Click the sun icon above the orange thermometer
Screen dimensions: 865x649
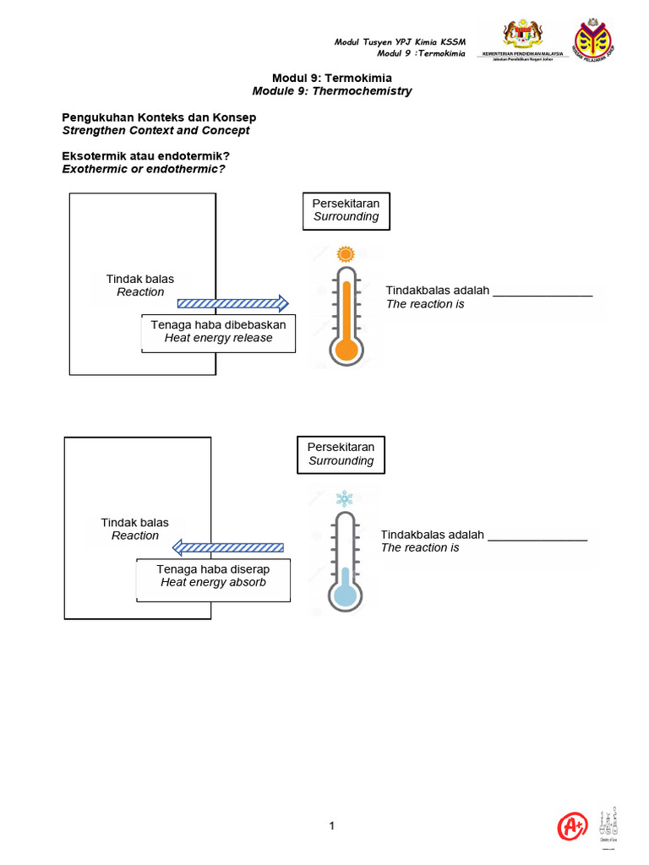(x=345, y=253)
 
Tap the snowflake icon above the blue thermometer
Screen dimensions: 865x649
(x=344, y=498)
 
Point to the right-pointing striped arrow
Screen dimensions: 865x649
(x=232, y=303)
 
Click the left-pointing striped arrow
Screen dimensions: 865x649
(x=227, y=548)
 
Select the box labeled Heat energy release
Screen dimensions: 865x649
(x=218, y=332)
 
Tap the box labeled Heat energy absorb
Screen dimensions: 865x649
(x=213, y=576)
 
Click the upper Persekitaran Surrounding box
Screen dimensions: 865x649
(x=346, y=210)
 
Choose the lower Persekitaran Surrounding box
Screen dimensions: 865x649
(x=341, y=454)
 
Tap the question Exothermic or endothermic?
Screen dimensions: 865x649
(x=147, y=169)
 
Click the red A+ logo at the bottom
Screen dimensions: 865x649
(x=573, y=827)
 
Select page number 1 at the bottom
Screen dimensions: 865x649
(x=332, y=826)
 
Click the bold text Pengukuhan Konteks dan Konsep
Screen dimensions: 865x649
(x=159, y=117)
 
